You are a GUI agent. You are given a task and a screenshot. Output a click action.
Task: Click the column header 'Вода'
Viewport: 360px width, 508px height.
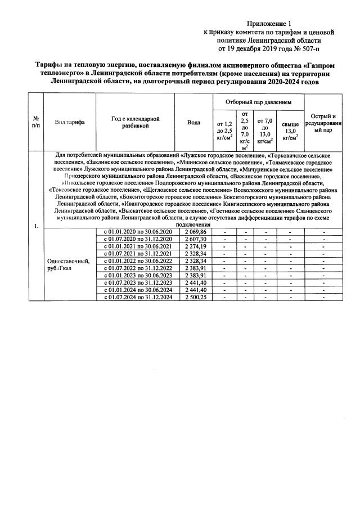[x=193, y=123]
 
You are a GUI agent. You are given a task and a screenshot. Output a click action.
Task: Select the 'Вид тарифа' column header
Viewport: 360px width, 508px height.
[x=70, y=123]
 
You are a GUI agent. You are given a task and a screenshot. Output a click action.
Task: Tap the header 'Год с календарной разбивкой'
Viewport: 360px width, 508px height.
[x=136, y=123]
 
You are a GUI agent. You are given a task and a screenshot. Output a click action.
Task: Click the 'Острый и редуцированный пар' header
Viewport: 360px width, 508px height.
[x=323, y=123]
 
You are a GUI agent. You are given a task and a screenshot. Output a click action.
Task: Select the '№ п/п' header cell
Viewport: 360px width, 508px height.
[x=36, y=123]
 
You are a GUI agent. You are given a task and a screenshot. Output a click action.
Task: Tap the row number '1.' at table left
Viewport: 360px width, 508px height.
[x=36, y=226]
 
